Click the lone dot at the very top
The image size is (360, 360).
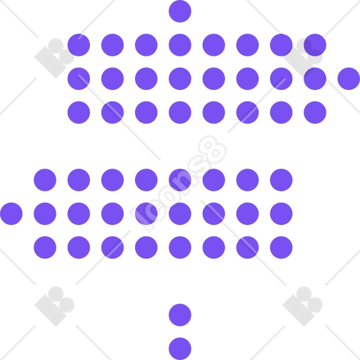pos(180,11)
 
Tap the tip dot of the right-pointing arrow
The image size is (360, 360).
pos(349,79)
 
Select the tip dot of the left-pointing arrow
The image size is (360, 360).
pos(11,214)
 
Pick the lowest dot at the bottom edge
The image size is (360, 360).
pos(180,349)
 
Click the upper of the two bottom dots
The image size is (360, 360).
pos(180,315)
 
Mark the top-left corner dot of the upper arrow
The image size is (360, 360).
pos(79,45)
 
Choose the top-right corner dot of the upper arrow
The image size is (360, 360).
pos(315,45)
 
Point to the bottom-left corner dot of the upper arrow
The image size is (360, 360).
pos(79,113)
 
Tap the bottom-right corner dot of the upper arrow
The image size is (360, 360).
pos(315,113)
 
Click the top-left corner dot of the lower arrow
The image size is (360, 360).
pos(45,180)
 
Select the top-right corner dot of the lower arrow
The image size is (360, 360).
pos(281,180)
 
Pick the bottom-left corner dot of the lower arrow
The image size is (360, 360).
pos(45,247)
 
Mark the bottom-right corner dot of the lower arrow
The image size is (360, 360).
pos(281,247)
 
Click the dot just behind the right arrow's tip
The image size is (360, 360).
pos(315,79)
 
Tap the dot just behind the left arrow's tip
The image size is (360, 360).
pos(45,214)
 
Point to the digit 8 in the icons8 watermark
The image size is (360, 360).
pos(212,149)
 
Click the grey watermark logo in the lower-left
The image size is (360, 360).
pos(55,306)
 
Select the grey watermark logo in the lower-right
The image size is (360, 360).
pos(302,306)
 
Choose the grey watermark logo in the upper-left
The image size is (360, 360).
pos(55,58)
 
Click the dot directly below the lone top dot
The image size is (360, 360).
pos(180,45)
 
